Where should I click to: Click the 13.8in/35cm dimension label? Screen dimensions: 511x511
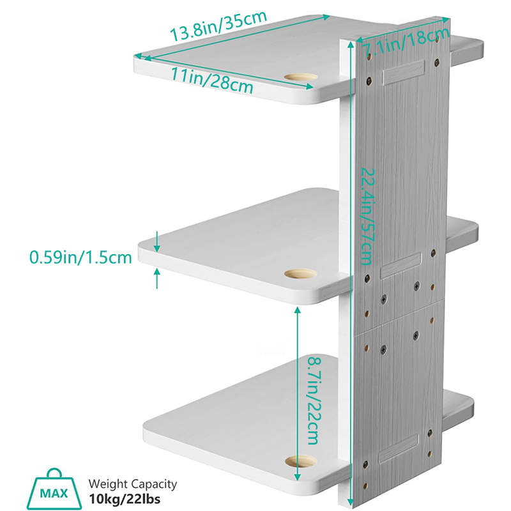218,26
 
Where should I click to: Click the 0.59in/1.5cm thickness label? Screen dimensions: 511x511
80,257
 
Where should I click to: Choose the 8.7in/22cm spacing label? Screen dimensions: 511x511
315,401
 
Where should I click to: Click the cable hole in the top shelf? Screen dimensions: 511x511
301,78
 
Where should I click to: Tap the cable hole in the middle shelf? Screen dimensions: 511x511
300,274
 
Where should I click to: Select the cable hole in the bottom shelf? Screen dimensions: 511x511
301,461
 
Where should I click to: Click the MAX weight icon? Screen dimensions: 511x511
54,489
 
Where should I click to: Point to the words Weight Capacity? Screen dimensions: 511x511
133,484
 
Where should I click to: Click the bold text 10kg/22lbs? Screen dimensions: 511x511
125,499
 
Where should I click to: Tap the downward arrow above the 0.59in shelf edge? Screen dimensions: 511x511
157,242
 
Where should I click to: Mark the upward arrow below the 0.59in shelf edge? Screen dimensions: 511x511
157,278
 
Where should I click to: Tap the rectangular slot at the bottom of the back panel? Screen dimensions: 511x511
398,448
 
